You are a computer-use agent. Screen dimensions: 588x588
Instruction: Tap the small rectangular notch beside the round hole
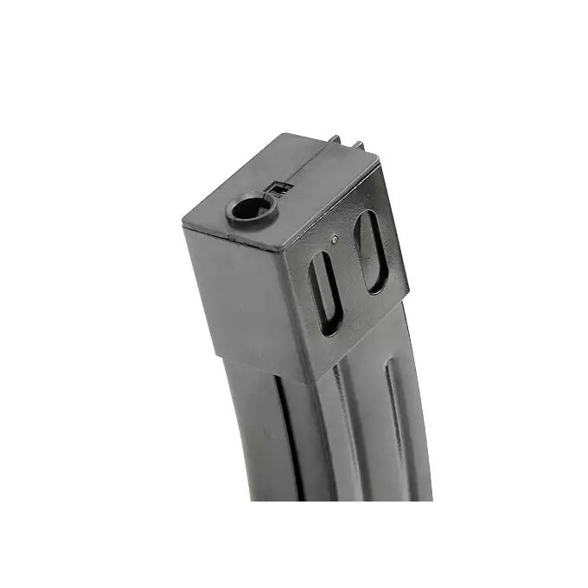point(277,187)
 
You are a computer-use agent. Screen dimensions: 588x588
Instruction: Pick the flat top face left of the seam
point(251,186)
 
